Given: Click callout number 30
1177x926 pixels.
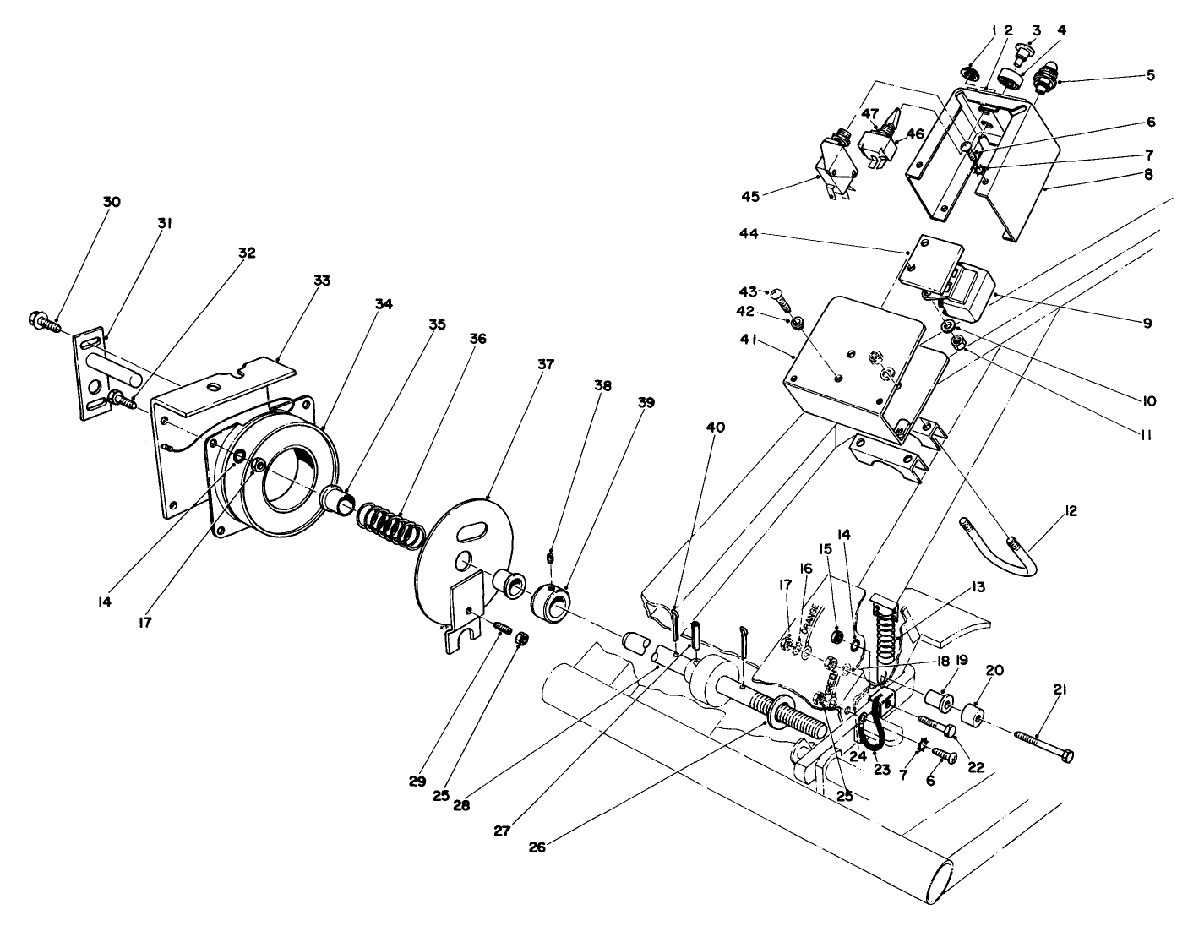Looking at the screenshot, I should coord(112,202).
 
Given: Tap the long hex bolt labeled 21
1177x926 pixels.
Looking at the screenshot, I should coord(1042,744).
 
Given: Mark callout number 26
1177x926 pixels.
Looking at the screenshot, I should coord(537,846).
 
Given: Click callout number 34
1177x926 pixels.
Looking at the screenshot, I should coord(384,305).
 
